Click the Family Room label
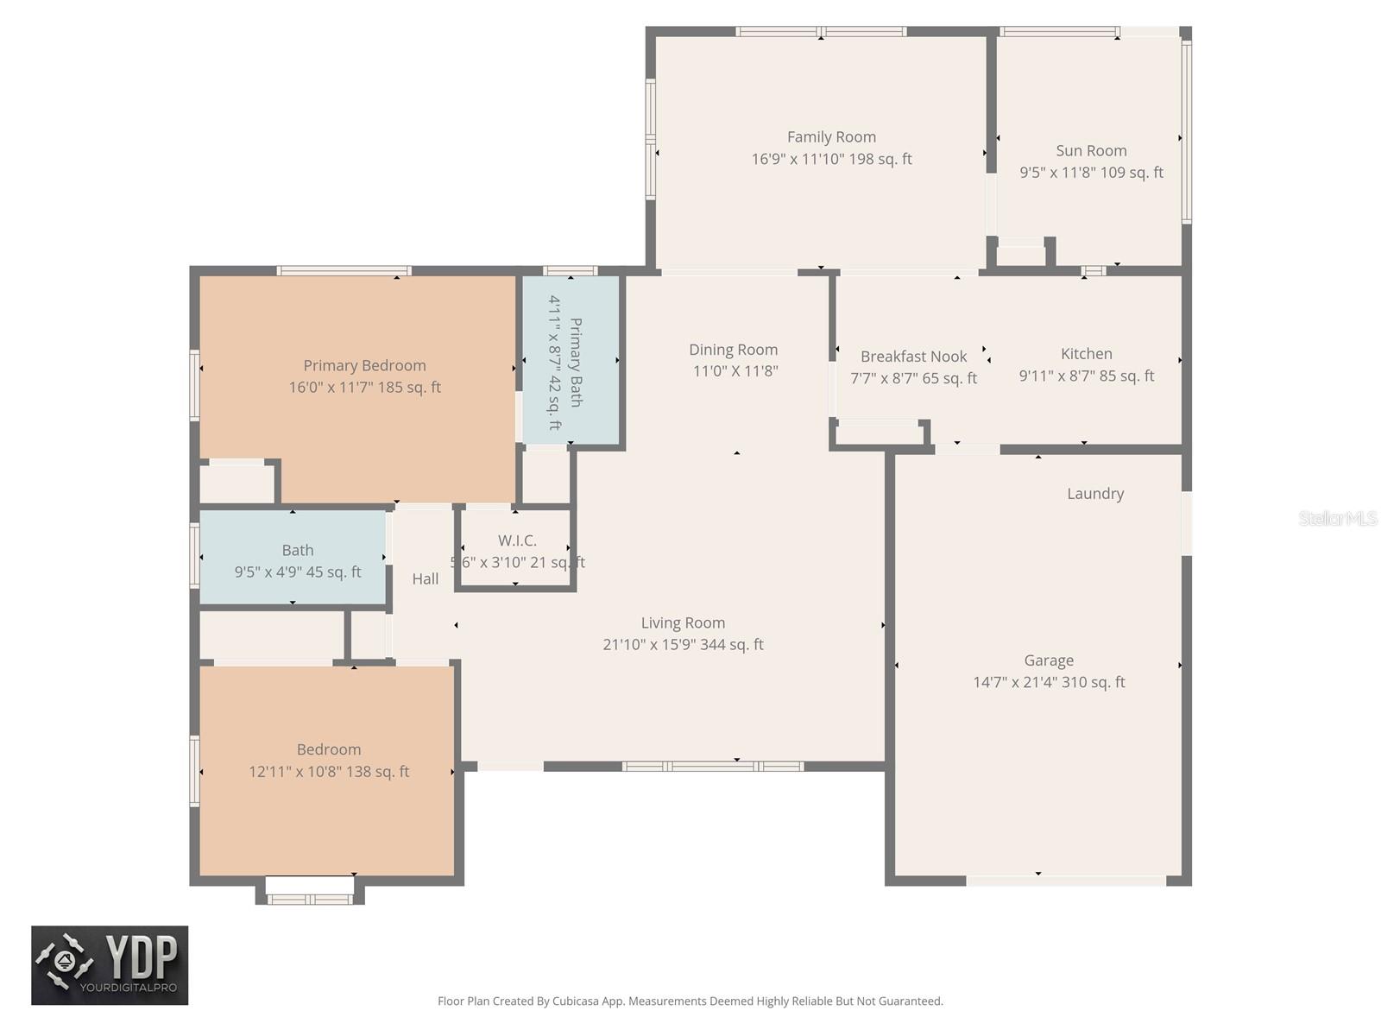coord(831,137)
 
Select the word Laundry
coord(1095,494)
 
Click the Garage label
coord(1049,660)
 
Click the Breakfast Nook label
coord(913,357)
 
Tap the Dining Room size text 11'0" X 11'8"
coord(735,371)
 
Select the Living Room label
coord(683,622)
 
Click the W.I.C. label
coord(517,540)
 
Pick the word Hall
coord(425,579)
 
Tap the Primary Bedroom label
coord(364,366)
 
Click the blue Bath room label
coord(298,551)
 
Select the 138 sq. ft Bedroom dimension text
coord(329,772)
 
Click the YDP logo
coord(110,965)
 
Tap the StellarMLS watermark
coord(1337,518)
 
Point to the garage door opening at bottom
coord(1066,881)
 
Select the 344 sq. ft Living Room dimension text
coord(683,645)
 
